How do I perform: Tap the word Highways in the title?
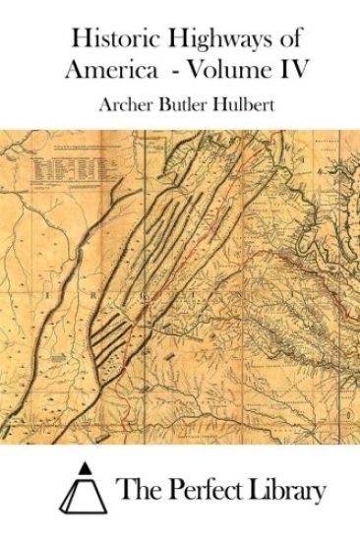(204, 40)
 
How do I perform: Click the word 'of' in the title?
(284, 40)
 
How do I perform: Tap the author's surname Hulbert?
(238, 104)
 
